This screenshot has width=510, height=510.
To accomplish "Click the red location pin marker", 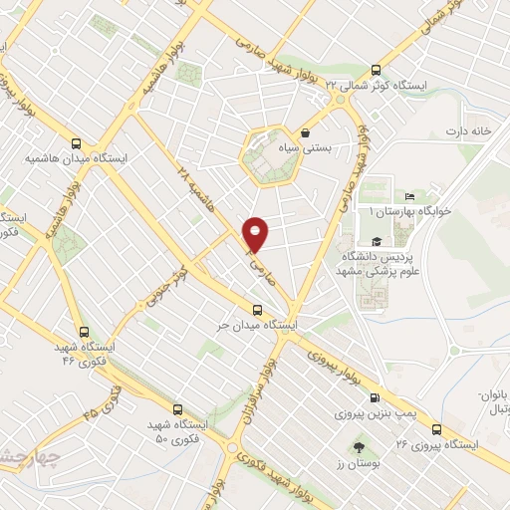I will click(257, 234).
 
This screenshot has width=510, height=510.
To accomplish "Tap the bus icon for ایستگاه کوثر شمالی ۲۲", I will click(376, 69).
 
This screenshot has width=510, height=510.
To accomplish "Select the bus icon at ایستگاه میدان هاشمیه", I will click(77, 142).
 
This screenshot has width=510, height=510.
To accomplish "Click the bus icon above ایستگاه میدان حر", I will click(258, 310).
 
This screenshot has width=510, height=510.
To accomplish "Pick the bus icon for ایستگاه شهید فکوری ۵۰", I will click(177, 408).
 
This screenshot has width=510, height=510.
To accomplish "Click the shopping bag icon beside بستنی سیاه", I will click(304, 132).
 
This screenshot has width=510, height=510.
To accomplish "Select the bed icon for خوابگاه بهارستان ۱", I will click(409, 197).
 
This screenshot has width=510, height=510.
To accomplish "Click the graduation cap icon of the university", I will click(377, 242).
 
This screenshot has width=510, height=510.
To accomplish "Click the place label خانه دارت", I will click(469, 131).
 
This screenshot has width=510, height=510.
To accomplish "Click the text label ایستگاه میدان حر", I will click(259, 326).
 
